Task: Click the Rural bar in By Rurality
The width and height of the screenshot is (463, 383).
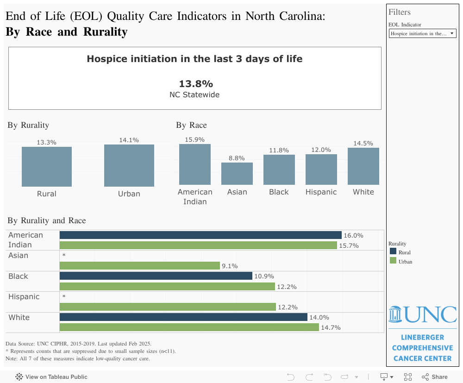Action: tap(47, 167)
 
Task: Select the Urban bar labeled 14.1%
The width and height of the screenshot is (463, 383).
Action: tap(129, 165)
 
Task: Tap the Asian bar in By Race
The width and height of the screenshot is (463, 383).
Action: tap(237, 174)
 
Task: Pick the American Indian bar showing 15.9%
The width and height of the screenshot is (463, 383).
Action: tap(195, 164)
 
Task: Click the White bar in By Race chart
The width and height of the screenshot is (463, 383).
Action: tap(363, 166)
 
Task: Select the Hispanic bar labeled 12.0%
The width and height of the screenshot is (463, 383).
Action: tap(321, 170)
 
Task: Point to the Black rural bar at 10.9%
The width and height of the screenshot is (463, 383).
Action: tap(156, 276)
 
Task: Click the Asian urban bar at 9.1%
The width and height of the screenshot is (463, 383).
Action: tap(140, 266)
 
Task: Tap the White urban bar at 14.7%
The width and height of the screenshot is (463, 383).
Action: tap(189, 327)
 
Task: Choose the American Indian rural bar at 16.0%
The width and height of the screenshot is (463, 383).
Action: tap(200, 235)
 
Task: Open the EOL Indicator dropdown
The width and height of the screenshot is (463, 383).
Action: tap(423, 33)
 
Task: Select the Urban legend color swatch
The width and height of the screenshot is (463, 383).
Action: tap(393, 261)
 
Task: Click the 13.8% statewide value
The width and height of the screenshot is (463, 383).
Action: tap(196, 84)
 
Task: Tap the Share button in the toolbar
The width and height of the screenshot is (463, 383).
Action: tap(435, 377)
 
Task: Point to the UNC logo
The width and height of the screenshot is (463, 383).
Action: tap(422, 314)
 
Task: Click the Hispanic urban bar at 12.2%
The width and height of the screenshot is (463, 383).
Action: tap(168, 307)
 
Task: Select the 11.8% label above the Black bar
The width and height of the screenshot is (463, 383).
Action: tap(279, 150)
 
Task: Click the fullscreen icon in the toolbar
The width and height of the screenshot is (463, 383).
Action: tap(408, 377)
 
